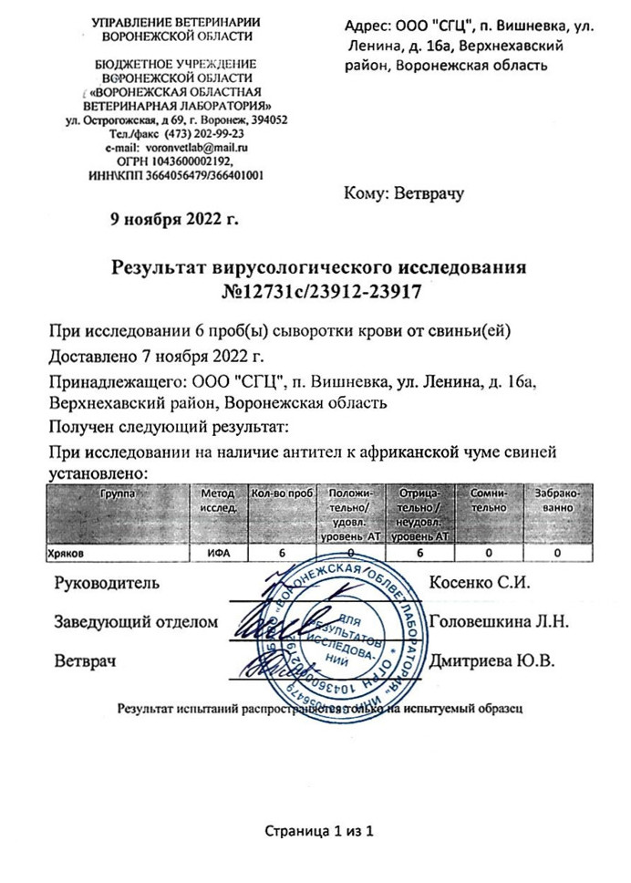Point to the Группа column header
[118, 493]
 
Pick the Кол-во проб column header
[282, 493]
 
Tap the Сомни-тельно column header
[489, 499]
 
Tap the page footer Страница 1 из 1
[319, 832]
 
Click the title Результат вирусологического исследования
[319, 268]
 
